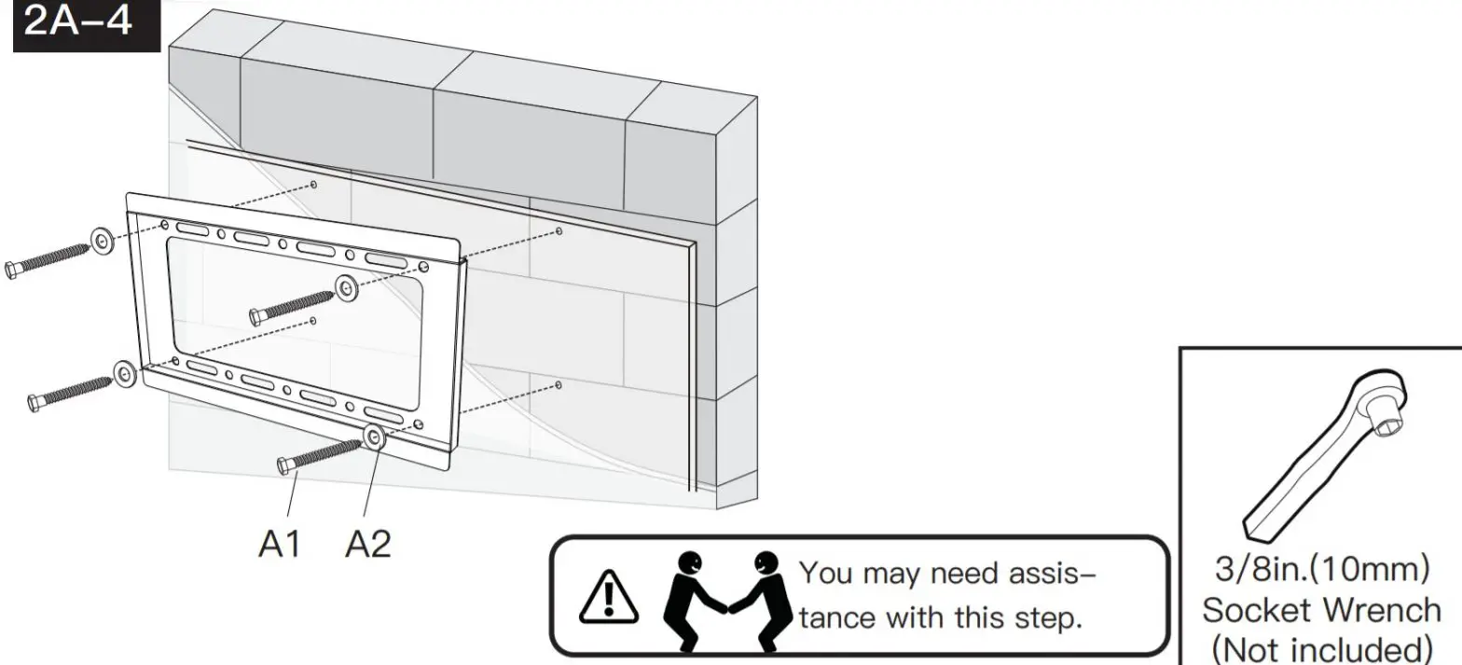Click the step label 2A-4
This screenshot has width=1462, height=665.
point(78,22)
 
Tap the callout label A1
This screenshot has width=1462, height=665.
point(279,544)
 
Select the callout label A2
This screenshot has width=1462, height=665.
point(367,544)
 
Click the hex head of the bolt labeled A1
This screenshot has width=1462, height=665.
point(284,465)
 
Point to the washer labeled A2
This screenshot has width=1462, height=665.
point(375,436)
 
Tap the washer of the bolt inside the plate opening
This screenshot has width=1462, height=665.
point(347,288)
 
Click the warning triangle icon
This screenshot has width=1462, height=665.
point(607,598)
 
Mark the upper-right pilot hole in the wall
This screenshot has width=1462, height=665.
point(559,230)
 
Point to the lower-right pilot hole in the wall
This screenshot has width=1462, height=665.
point(558,384)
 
